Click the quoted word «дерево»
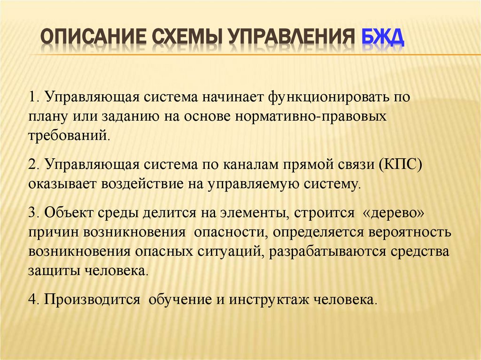(x=395, y=212)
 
